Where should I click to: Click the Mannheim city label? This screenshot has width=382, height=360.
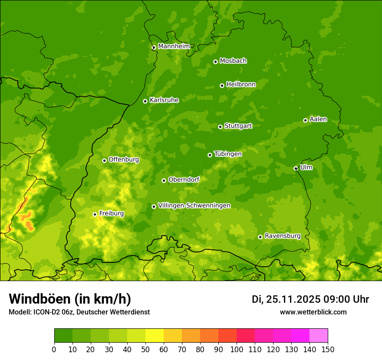174,46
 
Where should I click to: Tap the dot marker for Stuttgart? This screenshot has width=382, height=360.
220,127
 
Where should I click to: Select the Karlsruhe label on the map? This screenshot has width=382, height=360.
164,100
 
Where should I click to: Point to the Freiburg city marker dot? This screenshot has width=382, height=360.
95,214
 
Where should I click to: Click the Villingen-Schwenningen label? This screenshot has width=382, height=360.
194,205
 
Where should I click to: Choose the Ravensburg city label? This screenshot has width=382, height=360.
283,236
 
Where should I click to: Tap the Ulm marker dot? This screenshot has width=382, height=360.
296,168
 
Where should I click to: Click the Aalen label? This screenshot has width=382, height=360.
318,119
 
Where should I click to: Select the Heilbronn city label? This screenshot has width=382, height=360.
241,84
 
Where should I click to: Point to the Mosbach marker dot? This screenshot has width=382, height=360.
215,62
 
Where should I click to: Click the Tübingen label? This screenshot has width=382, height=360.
228,154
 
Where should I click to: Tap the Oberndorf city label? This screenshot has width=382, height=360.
184,179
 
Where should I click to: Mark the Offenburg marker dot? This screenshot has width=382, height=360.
104,160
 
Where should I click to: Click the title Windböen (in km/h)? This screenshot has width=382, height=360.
70,299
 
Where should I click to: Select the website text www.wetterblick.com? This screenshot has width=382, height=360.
313,312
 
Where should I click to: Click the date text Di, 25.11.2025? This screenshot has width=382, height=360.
286,299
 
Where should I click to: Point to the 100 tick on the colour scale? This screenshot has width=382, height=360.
237,349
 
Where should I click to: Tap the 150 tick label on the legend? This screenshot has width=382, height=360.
328,349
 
